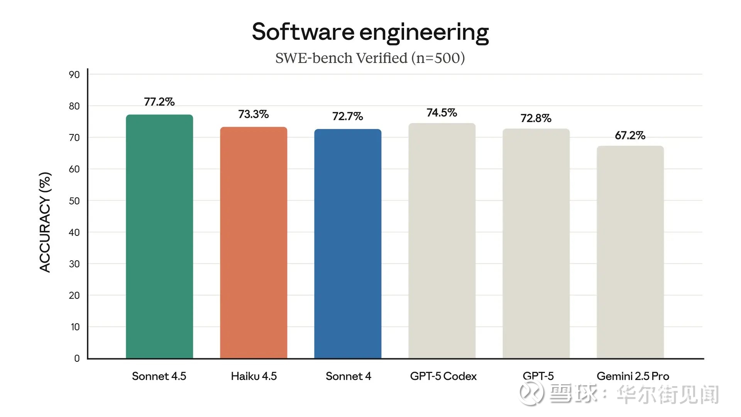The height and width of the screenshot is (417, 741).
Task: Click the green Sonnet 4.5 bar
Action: tap(159, 236)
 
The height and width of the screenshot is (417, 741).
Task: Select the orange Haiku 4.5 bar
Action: tap(254, 242)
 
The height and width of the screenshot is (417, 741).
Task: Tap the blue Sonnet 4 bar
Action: tap(348, 244)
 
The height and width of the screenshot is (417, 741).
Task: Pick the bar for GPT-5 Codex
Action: tap(442, 241)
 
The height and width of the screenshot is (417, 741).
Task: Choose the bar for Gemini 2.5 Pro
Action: tap(630, 252)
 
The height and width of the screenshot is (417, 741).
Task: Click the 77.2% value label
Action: tap(159, 102)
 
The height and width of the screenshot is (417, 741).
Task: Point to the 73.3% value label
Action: tap(254, 114)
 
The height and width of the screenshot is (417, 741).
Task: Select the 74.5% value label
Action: tap(442, 113)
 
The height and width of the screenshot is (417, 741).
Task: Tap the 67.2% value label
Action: tap(630, 136)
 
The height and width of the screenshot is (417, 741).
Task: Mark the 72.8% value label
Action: tap(536, 118)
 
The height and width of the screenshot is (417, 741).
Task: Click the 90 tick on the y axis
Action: tap(74, 75)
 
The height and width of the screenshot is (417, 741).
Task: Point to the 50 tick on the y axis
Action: tap(74, 201)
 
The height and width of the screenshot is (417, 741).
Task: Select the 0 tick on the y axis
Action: tap(77, 358)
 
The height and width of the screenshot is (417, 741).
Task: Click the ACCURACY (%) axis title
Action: tap(45, 222)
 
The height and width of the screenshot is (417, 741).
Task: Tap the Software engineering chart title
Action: tap(370, 32)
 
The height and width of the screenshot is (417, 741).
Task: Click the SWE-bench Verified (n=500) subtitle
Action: tap(370, 58)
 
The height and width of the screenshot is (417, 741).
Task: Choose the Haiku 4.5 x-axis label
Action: tap(254, 376)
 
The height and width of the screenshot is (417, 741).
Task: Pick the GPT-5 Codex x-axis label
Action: tap(443, 376)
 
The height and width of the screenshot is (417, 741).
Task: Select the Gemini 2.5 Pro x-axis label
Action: tap(633, 376)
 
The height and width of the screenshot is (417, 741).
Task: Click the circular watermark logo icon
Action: tap(532, 393)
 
